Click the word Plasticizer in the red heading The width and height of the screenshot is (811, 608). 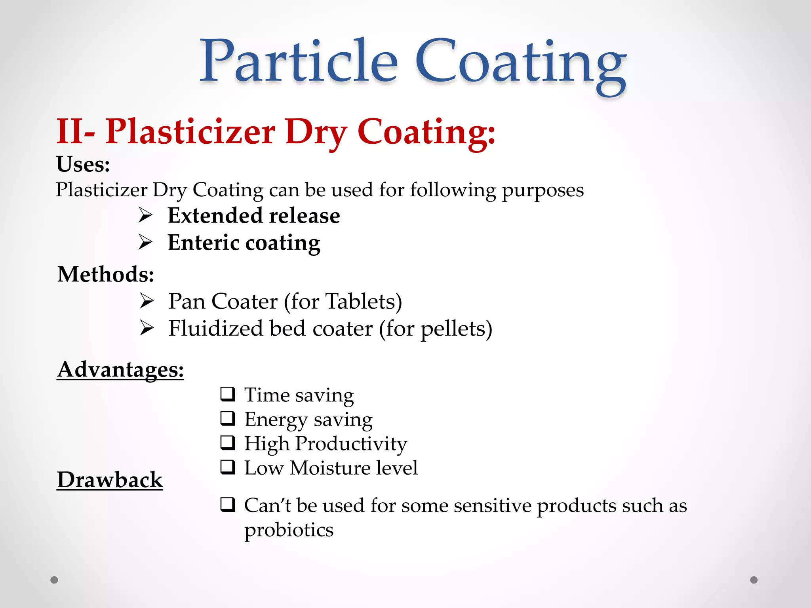pos(190,131)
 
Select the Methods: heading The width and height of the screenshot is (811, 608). pos(106,274)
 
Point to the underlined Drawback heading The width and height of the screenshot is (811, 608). pos(110,480)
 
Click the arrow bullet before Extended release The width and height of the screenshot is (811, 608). pos(146,215)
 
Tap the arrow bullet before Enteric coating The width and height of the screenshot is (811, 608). pos(146,242)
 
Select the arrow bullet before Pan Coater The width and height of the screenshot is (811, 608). pos(147,301)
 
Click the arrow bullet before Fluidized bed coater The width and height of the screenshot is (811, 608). pos(147,328)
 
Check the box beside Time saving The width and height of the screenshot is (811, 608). pos(228,394)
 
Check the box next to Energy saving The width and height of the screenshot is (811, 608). pos(228,418)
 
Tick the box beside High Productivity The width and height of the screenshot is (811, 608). pos(228,443)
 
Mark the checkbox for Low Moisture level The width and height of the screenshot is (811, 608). pos(228,467)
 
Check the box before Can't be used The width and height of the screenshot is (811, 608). pos(228,505)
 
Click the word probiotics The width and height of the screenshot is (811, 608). pos(289,530)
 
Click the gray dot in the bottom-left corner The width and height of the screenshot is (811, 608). pos(54,580)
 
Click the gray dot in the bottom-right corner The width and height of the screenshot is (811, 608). pos(754,580)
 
